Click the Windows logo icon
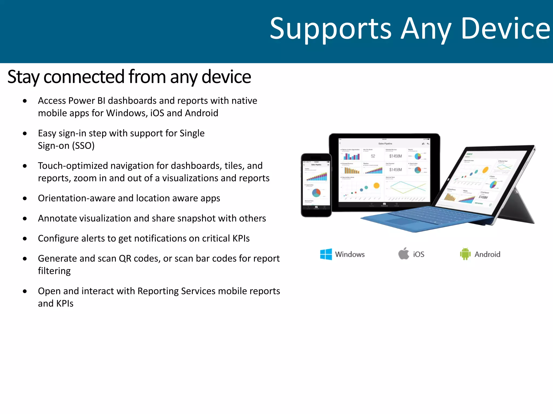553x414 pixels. [x=326, y=254]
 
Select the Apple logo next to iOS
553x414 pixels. [x=404, y=254]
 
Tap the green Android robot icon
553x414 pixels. [x=465, y=254]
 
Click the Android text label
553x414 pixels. [x=487, y=254]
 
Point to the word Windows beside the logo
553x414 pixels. [x=350, y=254]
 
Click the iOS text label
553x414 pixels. [x=419, y=254]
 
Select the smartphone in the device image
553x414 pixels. [x=316, y=185]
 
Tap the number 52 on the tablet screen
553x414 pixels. [x=373, y=156]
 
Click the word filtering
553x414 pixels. [x=54, y=271]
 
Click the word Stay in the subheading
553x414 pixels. [x=23, y=77]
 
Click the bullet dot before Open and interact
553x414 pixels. [x=25, y=291]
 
